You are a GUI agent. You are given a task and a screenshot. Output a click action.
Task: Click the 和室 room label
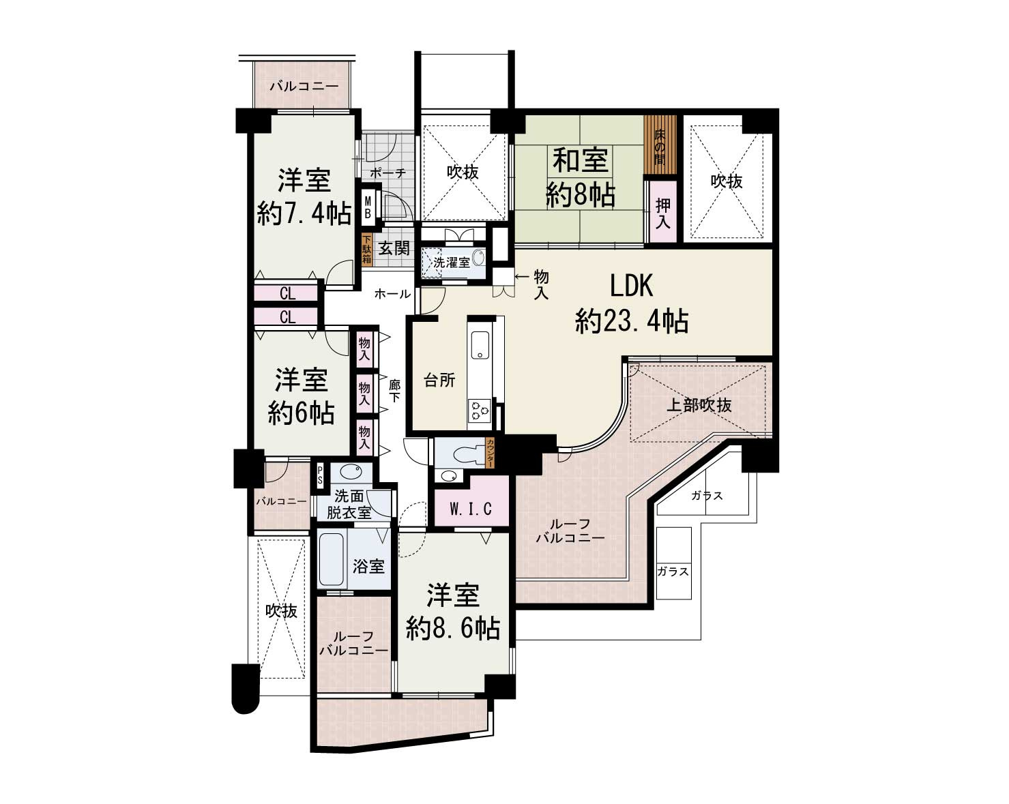[581, 160]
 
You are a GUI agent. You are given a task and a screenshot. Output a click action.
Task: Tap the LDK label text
[631, 286]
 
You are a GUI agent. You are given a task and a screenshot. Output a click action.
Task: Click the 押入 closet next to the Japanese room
[662, 211]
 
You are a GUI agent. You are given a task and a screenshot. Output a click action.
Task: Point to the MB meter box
[368, 207]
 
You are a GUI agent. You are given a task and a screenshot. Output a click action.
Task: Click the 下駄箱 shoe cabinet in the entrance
[366, 250]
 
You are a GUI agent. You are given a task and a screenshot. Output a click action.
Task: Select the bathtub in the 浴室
[332, 560]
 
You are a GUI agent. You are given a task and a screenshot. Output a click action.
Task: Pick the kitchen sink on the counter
[480, 344]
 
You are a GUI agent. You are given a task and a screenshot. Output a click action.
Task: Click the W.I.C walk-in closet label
[471, 509]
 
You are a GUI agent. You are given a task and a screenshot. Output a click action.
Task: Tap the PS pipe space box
[320, 475]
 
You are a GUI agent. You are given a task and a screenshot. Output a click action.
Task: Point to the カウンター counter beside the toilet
[491, 453]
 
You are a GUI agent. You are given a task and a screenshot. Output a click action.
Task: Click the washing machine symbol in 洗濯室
[479, 258]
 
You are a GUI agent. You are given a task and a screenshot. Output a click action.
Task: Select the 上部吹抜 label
[699, 405]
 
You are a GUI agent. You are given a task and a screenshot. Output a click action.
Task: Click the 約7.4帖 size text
[304, 214]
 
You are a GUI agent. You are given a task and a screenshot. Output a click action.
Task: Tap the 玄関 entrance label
[394, 248]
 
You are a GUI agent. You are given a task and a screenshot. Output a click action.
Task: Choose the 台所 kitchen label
[439, 381]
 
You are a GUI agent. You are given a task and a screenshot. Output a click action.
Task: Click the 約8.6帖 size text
[453, 629]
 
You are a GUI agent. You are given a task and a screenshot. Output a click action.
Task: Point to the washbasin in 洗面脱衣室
[351, 472]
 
